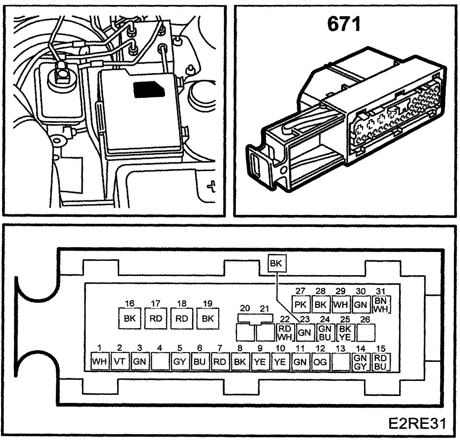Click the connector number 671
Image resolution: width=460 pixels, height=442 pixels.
pos(344,25)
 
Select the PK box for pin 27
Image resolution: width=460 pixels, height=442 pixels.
pos(300,304)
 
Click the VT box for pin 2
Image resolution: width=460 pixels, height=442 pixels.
pos(119,362)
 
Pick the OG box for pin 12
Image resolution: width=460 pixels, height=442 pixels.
pos(320,362)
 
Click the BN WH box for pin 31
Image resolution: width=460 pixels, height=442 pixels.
pos(381,304)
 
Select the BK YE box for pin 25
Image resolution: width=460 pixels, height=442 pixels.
pos(346,333)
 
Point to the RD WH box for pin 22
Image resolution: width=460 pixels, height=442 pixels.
pos(285,333)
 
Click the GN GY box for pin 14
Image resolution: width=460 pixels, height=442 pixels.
pos(360,362)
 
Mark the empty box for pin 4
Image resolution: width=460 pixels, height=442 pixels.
pos(160,362)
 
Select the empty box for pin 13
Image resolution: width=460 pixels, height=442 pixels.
pos(340,362)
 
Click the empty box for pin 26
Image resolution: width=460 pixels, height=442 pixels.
pos(366,333)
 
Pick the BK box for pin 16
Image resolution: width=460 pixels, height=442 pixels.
pos(129,318)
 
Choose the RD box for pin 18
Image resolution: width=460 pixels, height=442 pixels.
pos(181,318)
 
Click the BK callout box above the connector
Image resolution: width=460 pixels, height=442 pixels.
pos(276,263)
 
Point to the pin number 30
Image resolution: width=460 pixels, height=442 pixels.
pos(360,291)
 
